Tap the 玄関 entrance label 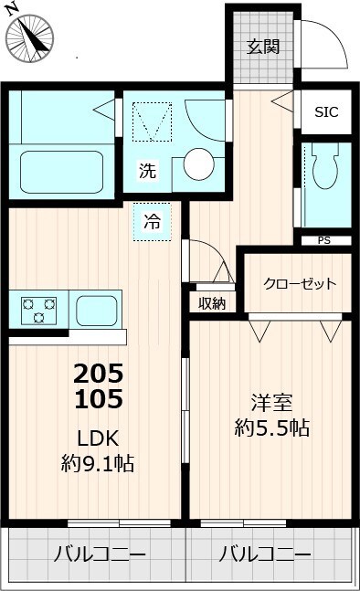click(x=263, y=46)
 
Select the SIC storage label click(x=325, y=112)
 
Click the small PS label click(x=323, y=241)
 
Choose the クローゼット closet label click(x=300, y=283)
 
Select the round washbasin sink click(x=198, y=164)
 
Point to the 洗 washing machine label click(x=146, y=170)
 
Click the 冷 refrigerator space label click(x=152, y=221)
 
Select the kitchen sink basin click(x=94, y=310)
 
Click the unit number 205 click(x=98, y=374)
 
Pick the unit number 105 click(x=98, y=398)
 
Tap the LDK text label click(x=98, y=437)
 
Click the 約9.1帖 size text click(x=98, y=464)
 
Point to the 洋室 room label click(x=270, y=401)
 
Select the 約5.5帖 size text click(x=270, y=427)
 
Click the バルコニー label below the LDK click(x=99, y=554)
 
